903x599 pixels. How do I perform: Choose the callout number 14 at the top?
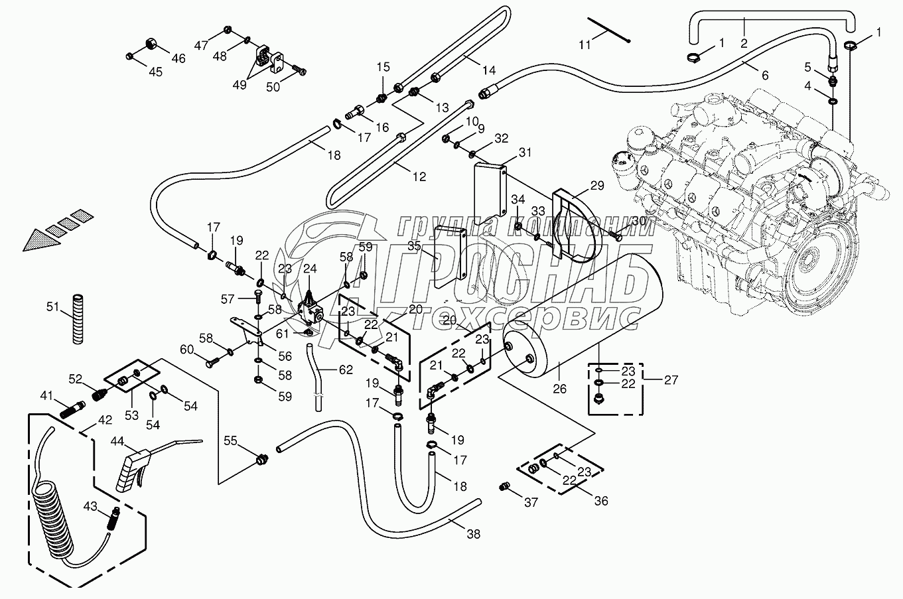(489, 70)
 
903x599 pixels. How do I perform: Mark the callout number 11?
(584, 45)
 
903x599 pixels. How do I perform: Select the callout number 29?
(596, 186)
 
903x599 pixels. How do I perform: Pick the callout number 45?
(155, 72)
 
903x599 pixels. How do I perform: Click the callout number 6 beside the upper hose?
(764, 76)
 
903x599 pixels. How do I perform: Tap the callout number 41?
(46, 396)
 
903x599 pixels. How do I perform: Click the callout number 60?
(187, 350)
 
